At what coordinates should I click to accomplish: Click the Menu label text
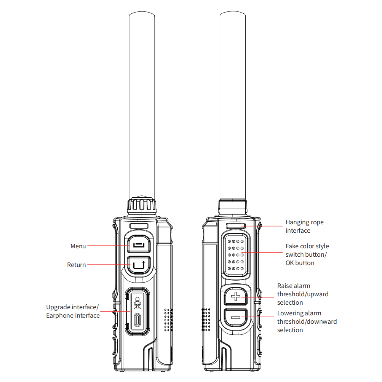point(78,246)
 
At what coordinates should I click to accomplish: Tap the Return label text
point(76,265)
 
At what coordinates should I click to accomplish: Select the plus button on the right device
point(236,296)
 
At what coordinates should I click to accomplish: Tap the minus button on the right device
point(236,317)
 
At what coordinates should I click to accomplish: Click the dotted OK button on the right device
point(236,255)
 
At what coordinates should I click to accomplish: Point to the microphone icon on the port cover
point(137,303)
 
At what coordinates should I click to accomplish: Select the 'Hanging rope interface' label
point(305,226)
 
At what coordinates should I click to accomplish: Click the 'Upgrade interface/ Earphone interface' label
point(73,311)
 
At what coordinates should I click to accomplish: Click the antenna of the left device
point(142,105)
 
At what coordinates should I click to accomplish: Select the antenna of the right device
point(233,105)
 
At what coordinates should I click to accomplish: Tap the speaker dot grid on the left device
point(168,320)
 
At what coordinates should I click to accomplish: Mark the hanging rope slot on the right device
point(236,226)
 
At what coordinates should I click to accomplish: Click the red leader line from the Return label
point(109,265)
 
